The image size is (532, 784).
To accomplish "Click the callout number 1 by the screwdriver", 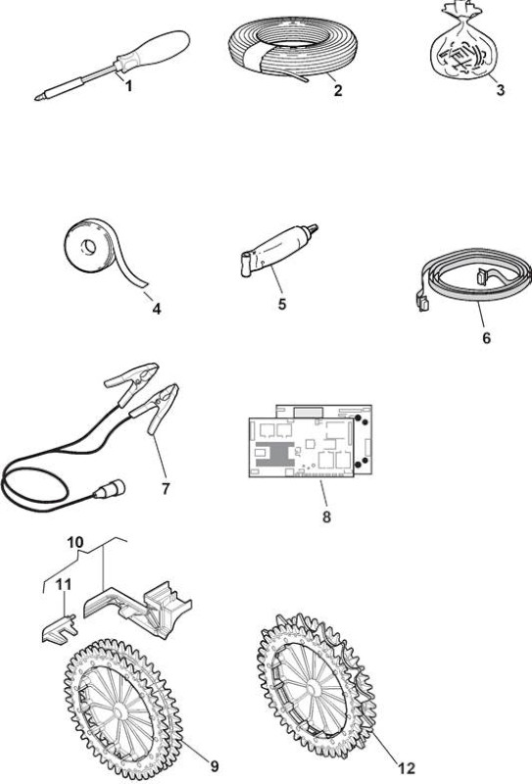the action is click(x=129, y=86).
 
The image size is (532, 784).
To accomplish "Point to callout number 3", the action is click(x=500, y=90).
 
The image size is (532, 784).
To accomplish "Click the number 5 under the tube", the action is click(x=282, y=304).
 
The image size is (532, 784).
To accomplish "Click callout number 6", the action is click(x=487, y=338).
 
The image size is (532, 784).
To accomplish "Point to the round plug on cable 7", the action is click(x=113, y=488).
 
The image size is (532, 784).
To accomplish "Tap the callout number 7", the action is click(x=166, y=488).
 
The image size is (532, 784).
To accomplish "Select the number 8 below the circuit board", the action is click(x=326, y=516).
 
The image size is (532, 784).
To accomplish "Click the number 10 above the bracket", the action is click(x=75, y=542).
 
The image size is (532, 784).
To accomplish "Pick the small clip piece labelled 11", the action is click(x=59, y=626).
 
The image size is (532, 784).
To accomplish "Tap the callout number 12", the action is click(x=407, y=767).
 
